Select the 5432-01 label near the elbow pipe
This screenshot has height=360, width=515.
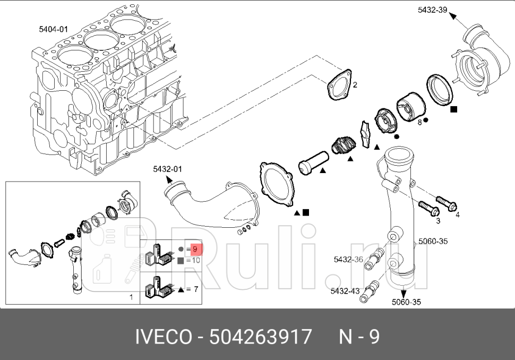(167, 169)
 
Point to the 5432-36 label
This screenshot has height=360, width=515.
(348, 260)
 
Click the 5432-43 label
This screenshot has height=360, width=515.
(345, 291)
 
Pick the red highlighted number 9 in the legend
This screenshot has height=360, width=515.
(195, 248)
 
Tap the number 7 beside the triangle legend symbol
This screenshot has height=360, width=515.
(195, 289)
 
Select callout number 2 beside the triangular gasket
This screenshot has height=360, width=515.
(355, 85)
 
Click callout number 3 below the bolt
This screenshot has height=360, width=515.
(438, 220)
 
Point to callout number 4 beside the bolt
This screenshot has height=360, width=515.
(458, 215)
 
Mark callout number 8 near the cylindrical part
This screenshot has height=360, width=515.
(419, 122)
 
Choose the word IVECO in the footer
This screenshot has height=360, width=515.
(166, 337)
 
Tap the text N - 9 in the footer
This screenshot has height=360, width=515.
(359, 337)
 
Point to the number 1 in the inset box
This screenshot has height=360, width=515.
(131, 297)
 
